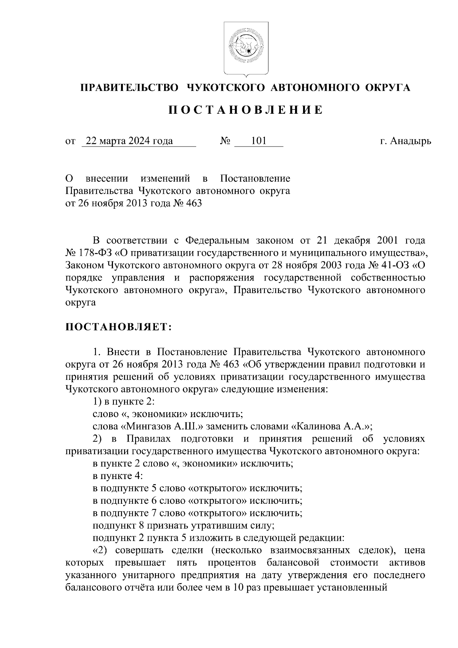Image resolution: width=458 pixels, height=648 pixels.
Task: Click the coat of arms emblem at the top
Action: point(246,48)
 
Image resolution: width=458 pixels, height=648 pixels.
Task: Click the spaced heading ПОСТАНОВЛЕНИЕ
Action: point(246,110)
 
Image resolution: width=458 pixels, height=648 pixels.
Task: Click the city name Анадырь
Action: point(410,142)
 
